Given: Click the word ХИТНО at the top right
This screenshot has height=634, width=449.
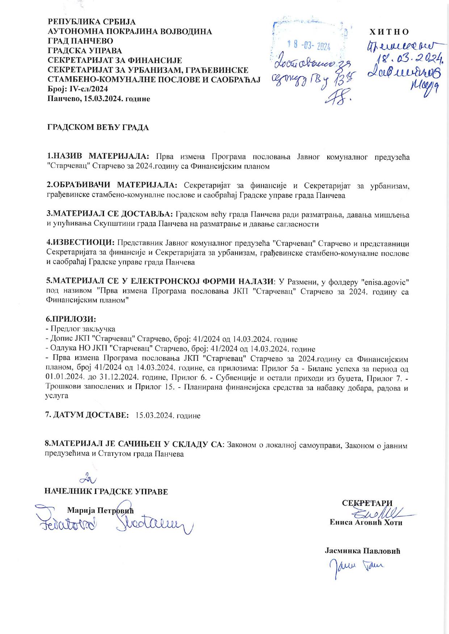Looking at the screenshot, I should coord(389,32).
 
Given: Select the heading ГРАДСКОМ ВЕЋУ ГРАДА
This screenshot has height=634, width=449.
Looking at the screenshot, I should coord(98,127).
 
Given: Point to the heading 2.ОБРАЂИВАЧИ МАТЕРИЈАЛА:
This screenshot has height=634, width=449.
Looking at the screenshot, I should coord(112,186).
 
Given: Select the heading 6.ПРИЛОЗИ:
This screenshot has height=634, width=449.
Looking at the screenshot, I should coord(71,319).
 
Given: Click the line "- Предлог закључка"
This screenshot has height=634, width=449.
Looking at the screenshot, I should coord(80,329).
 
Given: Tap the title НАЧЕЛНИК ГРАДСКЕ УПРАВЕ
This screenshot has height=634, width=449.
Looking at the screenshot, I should coord(106,491).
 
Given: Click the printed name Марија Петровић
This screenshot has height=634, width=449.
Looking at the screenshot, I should coord(100,511).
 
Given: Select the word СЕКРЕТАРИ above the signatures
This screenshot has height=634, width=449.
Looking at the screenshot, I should coord(367,503).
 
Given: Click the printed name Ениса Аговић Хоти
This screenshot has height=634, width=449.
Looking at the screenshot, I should coord(366,523).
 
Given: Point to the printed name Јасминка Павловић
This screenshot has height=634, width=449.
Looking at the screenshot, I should coord(362,551).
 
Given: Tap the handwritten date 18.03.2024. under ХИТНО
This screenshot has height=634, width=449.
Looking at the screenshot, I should coord(410,57).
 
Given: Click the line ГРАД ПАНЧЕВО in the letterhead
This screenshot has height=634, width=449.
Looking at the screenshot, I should coord(80,41).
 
